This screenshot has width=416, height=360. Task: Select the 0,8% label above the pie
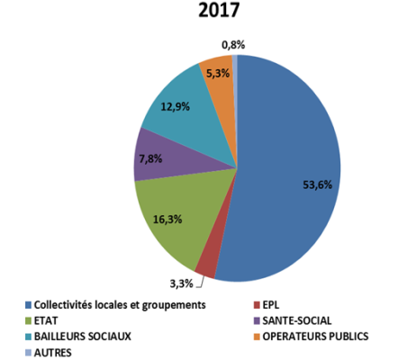point(233,43)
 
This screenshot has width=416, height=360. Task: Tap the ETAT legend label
point(48,321)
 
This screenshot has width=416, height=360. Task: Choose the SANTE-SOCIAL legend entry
point(294,321)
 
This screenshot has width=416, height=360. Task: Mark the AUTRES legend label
point(53,353)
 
